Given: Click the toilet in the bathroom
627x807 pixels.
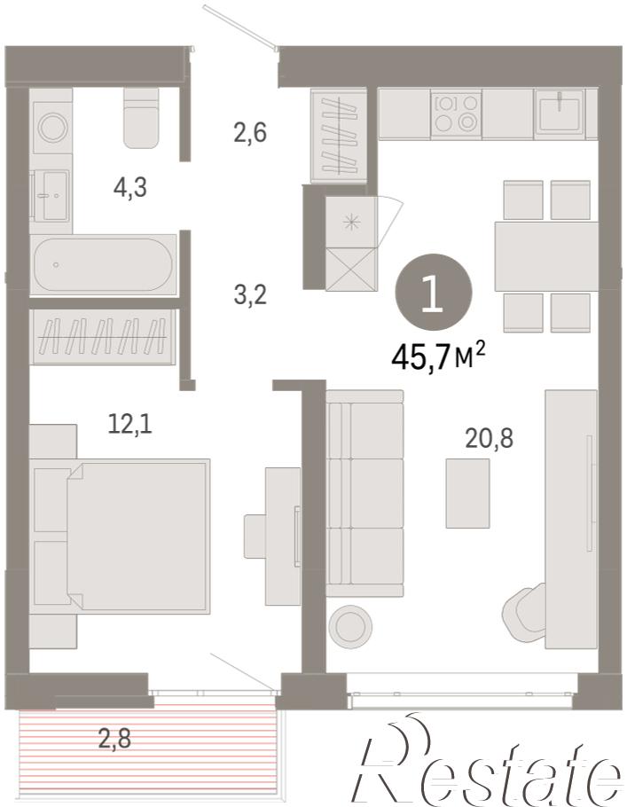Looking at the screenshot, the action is pos(141,118).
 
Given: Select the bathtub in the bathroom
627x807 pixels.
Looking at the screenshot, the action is pos(103,264).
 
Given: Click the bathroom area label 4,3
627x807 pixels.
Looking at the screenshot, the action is pos(130,187).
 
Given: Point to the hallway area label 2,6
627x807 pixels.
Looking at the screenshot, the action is pos(250,132).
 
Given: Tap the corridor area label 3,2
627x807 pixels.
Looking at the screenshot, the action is pos(250,295).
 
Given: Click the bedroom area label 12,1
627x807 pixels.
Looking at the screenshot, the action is pos(130,424).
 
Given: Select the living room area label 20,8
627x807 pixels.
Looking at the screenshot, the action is pos(489,439).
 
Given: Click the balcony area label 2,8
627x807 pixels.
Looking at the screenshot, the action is pos(114,739).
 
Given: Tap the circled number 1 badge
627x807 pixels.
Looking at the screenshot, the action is pos(433,294).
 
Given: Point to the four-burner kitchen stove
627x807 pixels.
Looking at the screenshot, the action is pos(456,114).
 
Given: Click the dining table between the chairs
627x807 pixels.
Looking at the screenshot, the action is pos(546,256).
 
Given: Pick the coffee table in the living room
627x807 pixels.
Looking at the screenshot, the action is pos(467,493).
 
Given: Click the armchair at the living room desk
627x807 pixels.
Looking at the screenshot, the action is pos(524,611).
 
